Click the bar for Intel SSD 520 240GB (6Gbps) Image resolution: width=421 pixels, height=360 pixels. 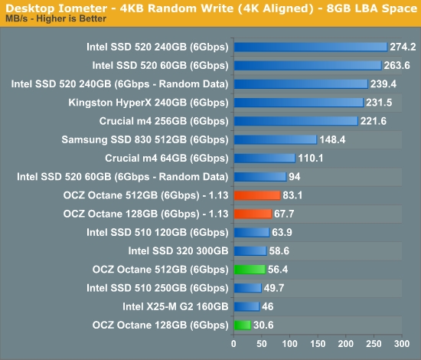click(x=311, y=47)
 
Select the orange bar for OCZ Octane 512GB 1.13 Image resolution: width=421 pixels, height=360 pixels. click(x=257, y=195)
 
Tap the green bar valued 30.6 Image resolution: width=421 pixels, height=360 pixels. click(x=242, y=325)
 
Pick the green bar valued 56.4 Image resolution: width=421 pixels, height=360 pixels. click(x=250, y=270)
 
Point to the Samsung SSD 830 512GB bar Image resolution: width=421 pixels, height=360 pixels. click(x=276, y=139)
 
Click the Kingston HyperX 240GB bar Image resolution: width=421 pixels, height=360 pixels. click(x=299, y=103)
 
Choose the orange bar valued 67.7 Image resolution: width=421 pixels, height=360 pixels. click(x=253, y=214)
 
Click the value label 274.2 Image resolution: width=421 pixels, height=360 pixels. click(x=403, y=47)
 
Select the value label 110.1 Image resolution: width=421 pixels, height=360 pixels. click(x=311, y=159)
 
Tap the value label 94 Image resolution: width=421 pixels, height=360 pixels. click(x=295, y=177)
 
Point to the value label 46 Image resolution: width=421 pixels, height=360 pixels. click(x=268, y=306)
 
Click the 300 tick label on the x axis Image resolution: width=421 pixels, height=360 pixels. click(x=402, y=344)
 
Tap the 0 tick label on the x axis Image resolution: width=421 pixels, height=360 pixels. click(x=233, y=344)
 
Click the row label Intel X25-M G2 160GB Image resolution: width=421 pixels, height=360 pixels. click(x=175, y=306)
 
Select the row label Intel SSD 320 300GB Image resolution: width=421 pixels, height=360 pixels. click(x=178, y=251)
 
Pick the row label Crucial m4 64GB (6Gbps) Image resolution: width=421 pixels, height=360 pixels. click(x=167, y=159)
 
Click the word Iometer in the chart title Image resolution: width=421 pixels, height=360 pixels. click(x=83, y=8)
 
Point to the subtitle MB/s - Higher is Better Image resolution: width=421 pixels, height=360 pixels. click(x=56, y=19)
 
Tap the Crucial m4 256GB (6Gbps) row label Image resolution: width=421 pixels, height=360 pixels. click(x=164, y=121)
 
